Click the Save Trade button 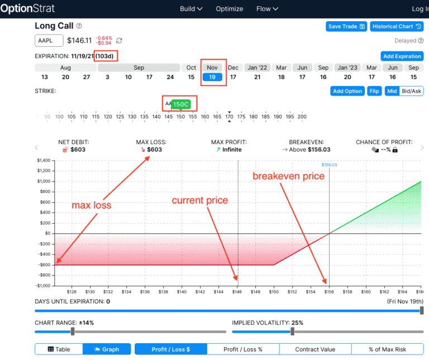[x=346, y=26]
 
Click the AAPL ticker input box [x=49, y=40]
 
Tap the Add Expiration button [x=402, y=56]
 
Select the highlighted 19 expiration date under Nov [x=212, y=77]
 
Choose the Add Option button [x=347, y=91]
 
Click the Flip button [x=374, y=91]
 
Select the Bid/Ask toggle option [x=412, y=91]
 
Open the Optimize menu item [x=230, y=9]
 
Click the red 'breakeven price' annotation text [x=288, y=176]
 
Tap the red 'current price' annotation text [x=199, y=200]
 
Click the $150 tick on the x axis [x=274, y=291]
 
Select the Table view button [x=59, y=349]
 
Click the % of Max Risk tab [x=387, y=349]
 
